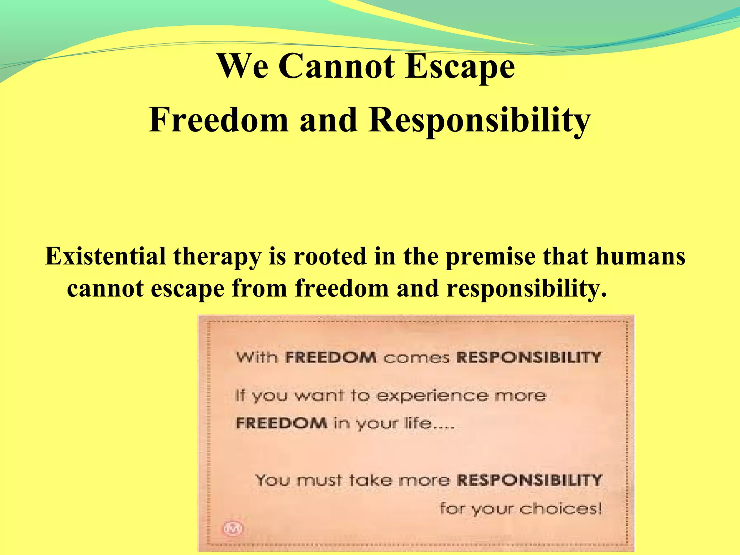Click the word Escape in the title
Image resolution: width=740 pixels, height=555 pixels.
(460, 67)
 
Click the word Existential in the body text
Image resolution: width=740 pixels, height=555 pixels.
(105, 256)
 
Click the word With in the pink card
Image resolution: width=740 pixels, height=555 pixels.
(257, 357)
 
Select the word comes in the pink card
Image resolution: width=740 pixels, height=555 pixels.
(416, 358)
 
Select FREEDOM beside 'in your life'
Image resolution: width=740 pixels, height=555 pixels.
(281, 422)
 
